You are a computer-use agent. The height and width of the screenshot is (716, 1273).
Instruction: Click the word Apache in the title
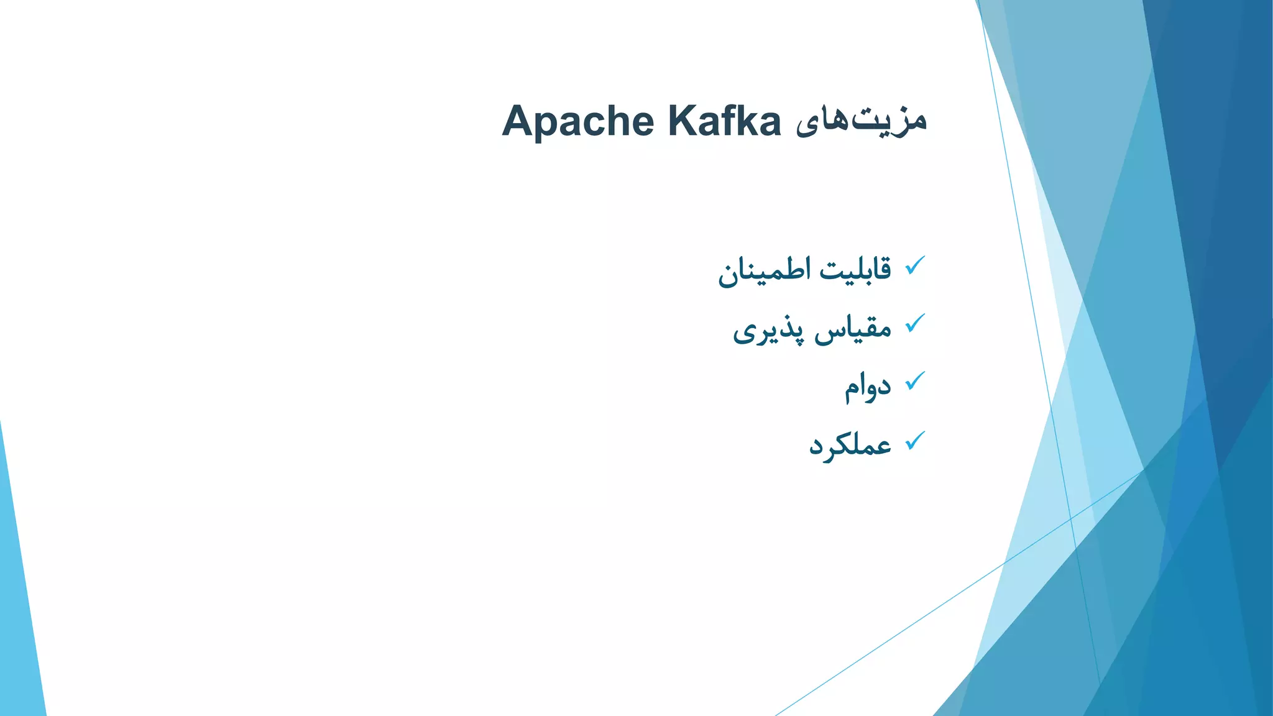[x=578, y=122]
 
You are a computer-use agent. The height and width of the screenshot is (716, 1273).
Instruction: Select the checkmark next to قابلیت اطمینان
[x=915, y=266]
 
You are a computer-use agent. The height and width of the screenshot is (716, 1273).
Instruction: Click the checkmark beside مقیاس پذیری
[x=915, y=323]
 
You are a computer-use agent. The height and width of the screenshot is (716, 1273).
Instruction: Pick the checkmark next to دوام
[x=915, y=381]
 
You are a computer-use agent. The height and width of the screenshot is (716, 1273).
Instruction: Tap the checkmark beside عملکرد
[x=915, y=441]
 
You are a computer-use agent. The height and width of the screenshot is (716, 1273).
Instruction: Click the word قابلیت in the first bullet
[x=855, y=269]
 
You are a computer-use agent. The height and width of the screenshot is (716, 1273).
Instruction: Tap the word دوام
[x=867, y=387]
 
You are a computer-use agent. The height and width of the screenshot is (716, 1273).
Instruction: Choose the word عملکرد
[x=850, y=445]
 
